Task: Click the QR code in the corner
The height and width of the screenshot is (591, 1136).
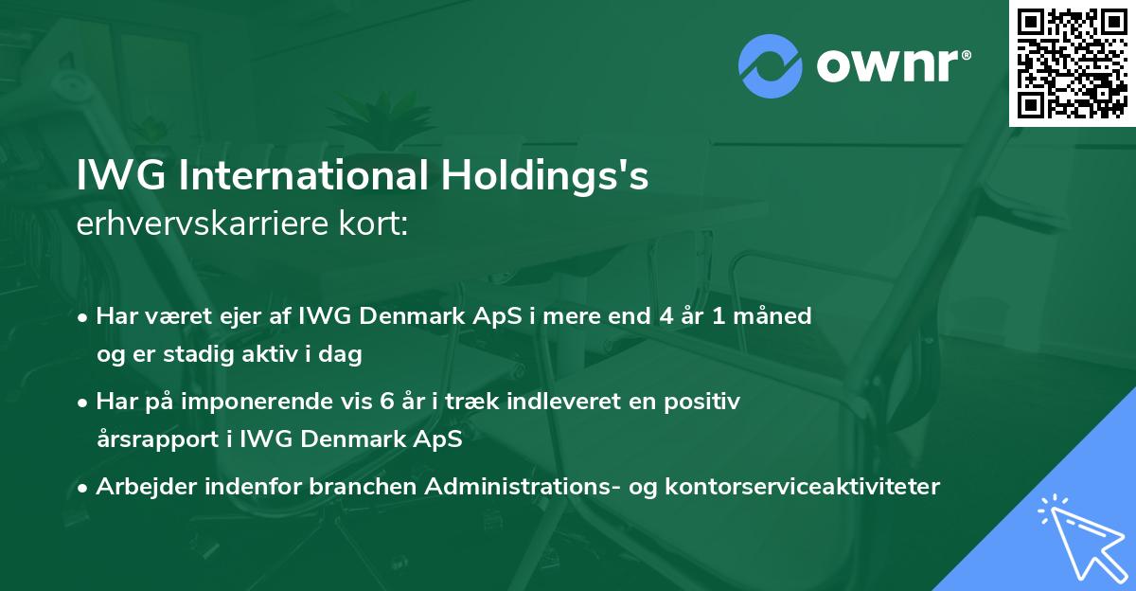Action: (x=1073, y=63)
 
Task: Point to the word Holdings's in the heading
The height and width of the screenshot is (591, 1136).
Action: (x=543, y=178)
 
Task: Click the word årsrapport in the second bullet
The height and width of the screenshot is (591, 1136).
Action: (x=156, y=440)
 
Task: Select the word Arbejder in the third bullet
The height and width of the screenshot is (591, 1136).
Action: (x=140, y=488)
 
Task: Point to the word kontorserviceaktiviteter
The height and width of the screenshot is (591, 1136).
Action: (x=819, y=488)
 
